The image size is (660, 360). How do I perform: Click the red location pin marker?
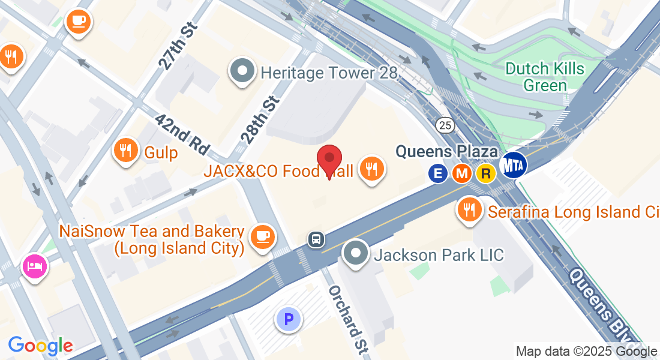pyautogui.click(x=329, y=160)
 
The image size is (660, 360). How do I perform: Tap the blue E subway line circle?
pyautogui.click(x=438, y=174)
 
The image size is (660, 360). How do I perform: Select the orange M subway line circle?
pyautogui.click(x=461, y=174)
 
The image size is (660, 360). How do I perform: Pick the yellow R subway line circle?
pyautogui.click(x=485, y=174)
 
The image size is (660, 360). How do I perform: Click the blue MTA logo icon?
pyautogui.click(x=514, y=164)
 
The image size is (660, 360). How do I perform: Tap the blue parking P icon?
pyautogui.click(x=289, y=319)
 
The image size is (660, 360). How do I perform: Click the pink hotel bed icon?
pyautogui.click(x=35, y=265)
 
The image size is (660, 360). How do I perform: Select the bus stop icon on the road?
pyautogui.click(x=316, y=239)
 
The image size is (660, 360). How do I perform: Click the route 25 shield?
pyautogui.click(x=445, y=125)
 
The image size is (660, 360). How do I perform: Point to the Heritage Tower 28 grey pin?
pyautogui.click(x=242, y=72)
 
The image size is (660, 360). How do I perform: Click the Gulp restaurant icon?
pyautogui.click(x=125, y=149)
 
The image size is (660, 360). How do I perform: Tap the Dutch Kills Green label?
pyautogui.click(x=545, y=76)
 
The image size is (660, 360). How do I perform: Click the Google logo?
pyautogui.click(x=40, y=346)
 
